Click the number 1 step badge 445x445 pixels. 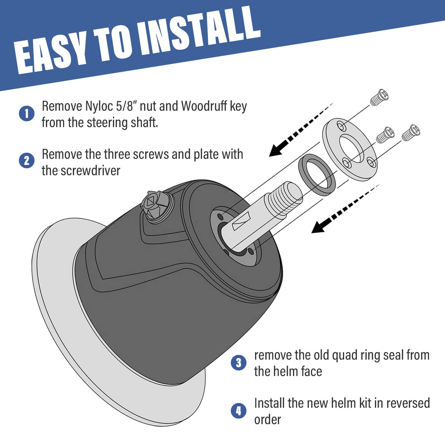[27, 113]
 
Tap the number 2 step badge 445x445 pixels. [27, 161]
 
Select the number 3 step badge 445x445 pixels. [239, 363]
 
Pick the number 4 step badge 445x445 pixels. [239, 411]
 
